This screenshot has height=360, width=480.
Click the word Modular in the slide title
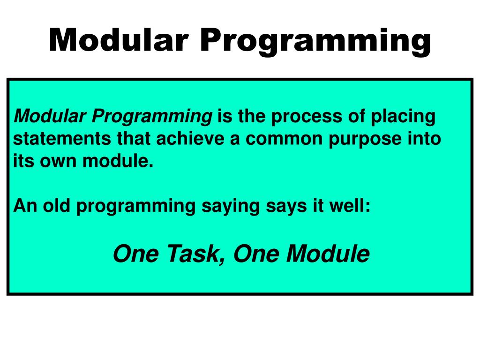point(119,40)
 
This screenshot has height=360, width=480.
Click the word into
point(426,139)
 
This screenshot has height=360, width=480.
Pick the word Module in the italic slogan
point(328,254)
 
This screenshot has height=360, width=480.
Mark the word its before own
point(21,162)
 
